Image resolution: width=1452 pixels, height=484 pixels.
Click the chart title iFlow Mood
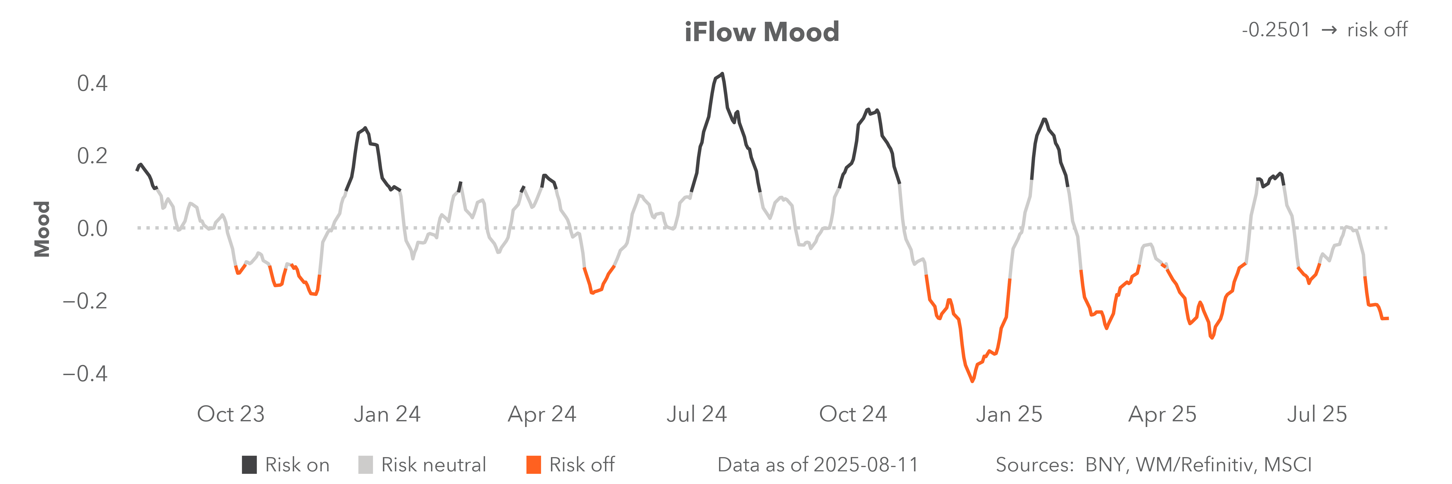761,32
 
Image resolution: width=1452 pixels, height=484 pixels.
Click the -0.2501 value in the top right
1276,30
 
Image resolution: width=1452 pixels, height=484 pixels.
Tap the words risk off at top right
1377,30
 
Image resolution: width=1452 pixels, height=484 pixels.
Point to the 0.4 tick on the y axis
92,83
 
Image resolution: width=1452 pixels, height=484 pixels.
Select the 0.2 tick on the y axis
92,156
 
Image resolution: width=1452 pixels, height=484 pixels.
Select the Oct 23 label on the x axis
230,414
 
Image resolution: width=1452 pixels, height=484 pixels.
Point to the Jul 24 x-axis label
697,414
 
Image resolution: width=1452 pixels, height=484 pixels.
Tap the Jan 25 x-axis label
1009,414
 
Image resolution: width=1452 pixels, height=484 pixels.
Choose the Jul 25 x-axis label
1317,414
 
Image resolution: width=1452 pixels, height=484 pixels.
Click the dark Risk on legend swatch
249,465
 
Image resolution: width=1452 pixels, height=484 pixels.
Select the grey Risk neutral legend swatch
365,465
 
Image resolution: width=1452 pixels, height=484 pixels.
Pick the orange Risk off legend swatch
533,465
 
